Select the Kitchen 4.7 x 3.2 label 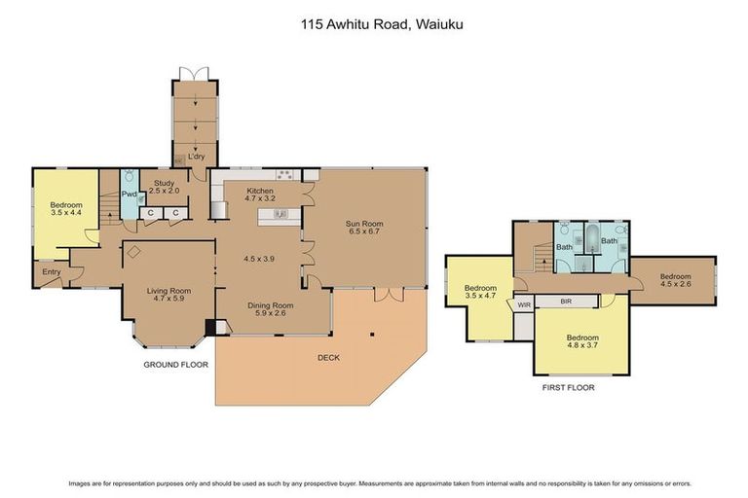260,195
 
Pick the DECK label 330,357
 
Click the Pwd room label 130,194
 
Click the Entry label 50,272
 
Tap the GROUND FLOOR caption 176,365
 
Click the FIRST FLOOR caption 568,387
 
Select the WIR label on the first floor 524,304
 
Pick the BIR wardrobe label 567,302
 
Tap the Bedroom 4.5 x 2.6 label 677,279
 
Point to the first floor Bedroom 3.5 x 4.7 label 480,292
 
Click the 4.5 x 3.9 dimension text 260,260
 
